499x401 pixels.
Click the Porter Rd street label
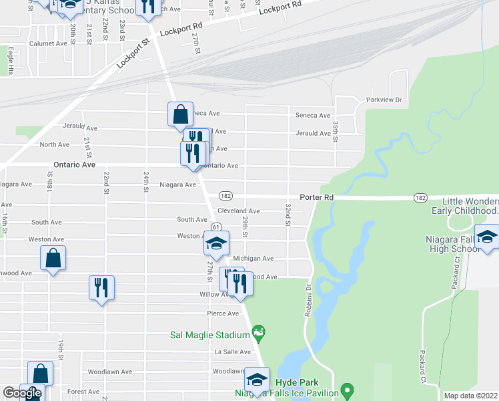tap(316, 197)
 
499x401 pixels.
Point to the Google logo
tap(22, 393)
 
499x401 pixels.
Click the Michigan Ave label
tap(254, 259)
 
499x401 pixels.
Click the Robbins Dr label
tap(309, 297)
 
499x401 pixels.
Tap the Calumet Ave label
tap(48, 43)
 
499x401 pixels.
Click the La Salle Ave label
tap(232, 352)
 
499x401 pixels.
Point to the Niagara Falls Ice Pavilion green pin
tap(346, 389)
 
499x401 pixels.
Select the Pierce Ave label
tap(223, 313)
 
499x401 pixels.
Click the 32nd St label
tap(288, 215)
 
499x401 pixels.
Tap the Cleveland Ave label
tap(238, 211)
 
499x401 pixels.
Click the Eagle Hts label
tap(11, 59)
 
